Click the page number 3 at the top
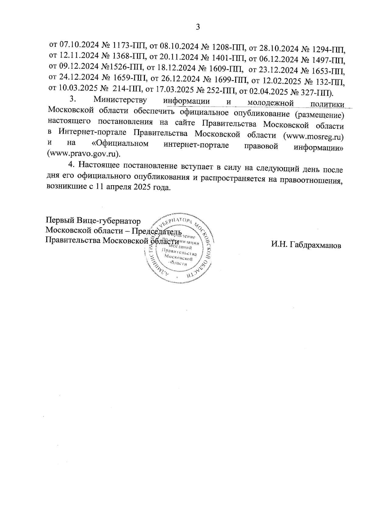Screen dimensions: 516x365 (198, 27)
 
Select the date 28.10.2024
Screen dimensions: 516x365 (278, 47)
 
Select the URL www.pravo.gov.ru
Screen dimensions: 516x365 (83, 154)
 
